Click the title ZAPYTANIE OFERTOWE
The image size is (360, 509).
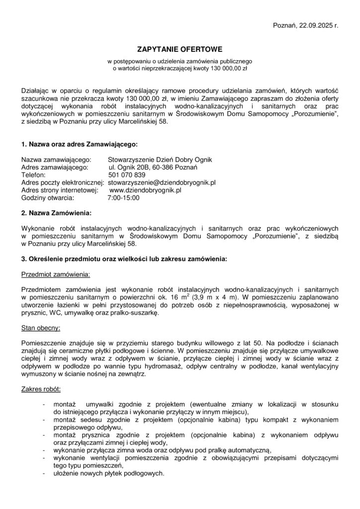pyautogui.click(x=180, y=50)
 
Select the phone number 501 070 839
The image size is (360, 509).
pyautogui.click(x=127, y=175)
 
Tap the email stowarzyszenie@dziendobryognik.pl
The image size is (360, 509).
pyautogui.click(x=162, y=182)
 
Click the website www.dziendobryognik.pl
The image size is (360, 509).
pyautogui.click(x=145, y=190)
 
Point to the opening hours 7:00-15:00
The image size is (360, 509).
pyautogui.click(x=123, y=197)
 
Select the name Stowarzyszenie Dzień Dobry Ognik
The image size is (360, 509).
pyautogui.click(x=160, y=160)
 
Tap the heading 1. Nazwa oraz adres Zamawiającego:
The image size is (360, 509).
pyautogui.click(x=79, y=144)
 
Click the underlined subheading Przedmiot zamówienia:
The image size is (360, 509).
pyautogui.click(x=56, y=274)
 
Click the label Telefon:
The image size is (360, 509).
pyautogui.click(x=33, y=175)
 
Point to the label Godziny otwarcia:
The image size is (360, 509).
pyautogui.click(x=47, y=197)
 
